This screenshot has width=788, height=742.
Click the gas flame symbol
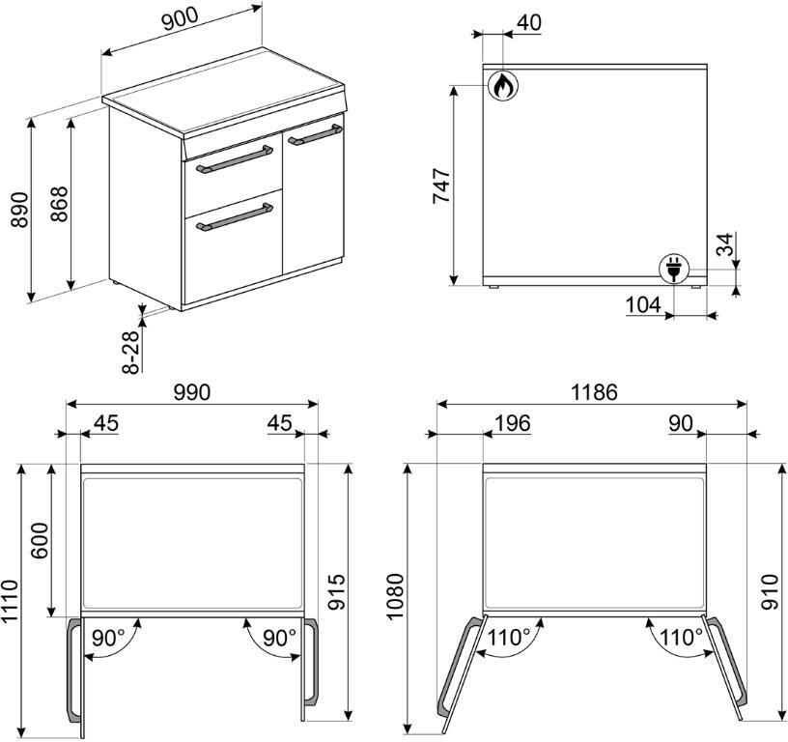[x=502, y=85]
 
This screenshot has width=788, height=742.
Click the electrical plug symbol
[x=674, y=269]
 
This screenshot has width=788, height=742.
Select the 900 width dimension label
[x=179, y=18]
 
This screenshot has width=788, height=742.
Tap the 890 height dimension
[x=19, y=209]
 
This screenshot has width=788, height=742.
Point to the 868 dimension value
[x=59, y=204]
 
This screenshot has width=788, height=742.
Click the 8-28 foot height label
[x=130, y=352]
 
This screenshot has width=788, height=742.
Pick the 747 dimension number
[x=441, y=186]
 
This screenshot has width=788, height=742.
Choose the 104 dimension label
[x=643, y=304]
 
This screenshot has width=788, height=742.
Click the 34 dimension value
[x=724, y=243]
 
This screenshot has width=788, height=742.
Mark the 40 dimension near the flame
[x=528, y=22]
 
